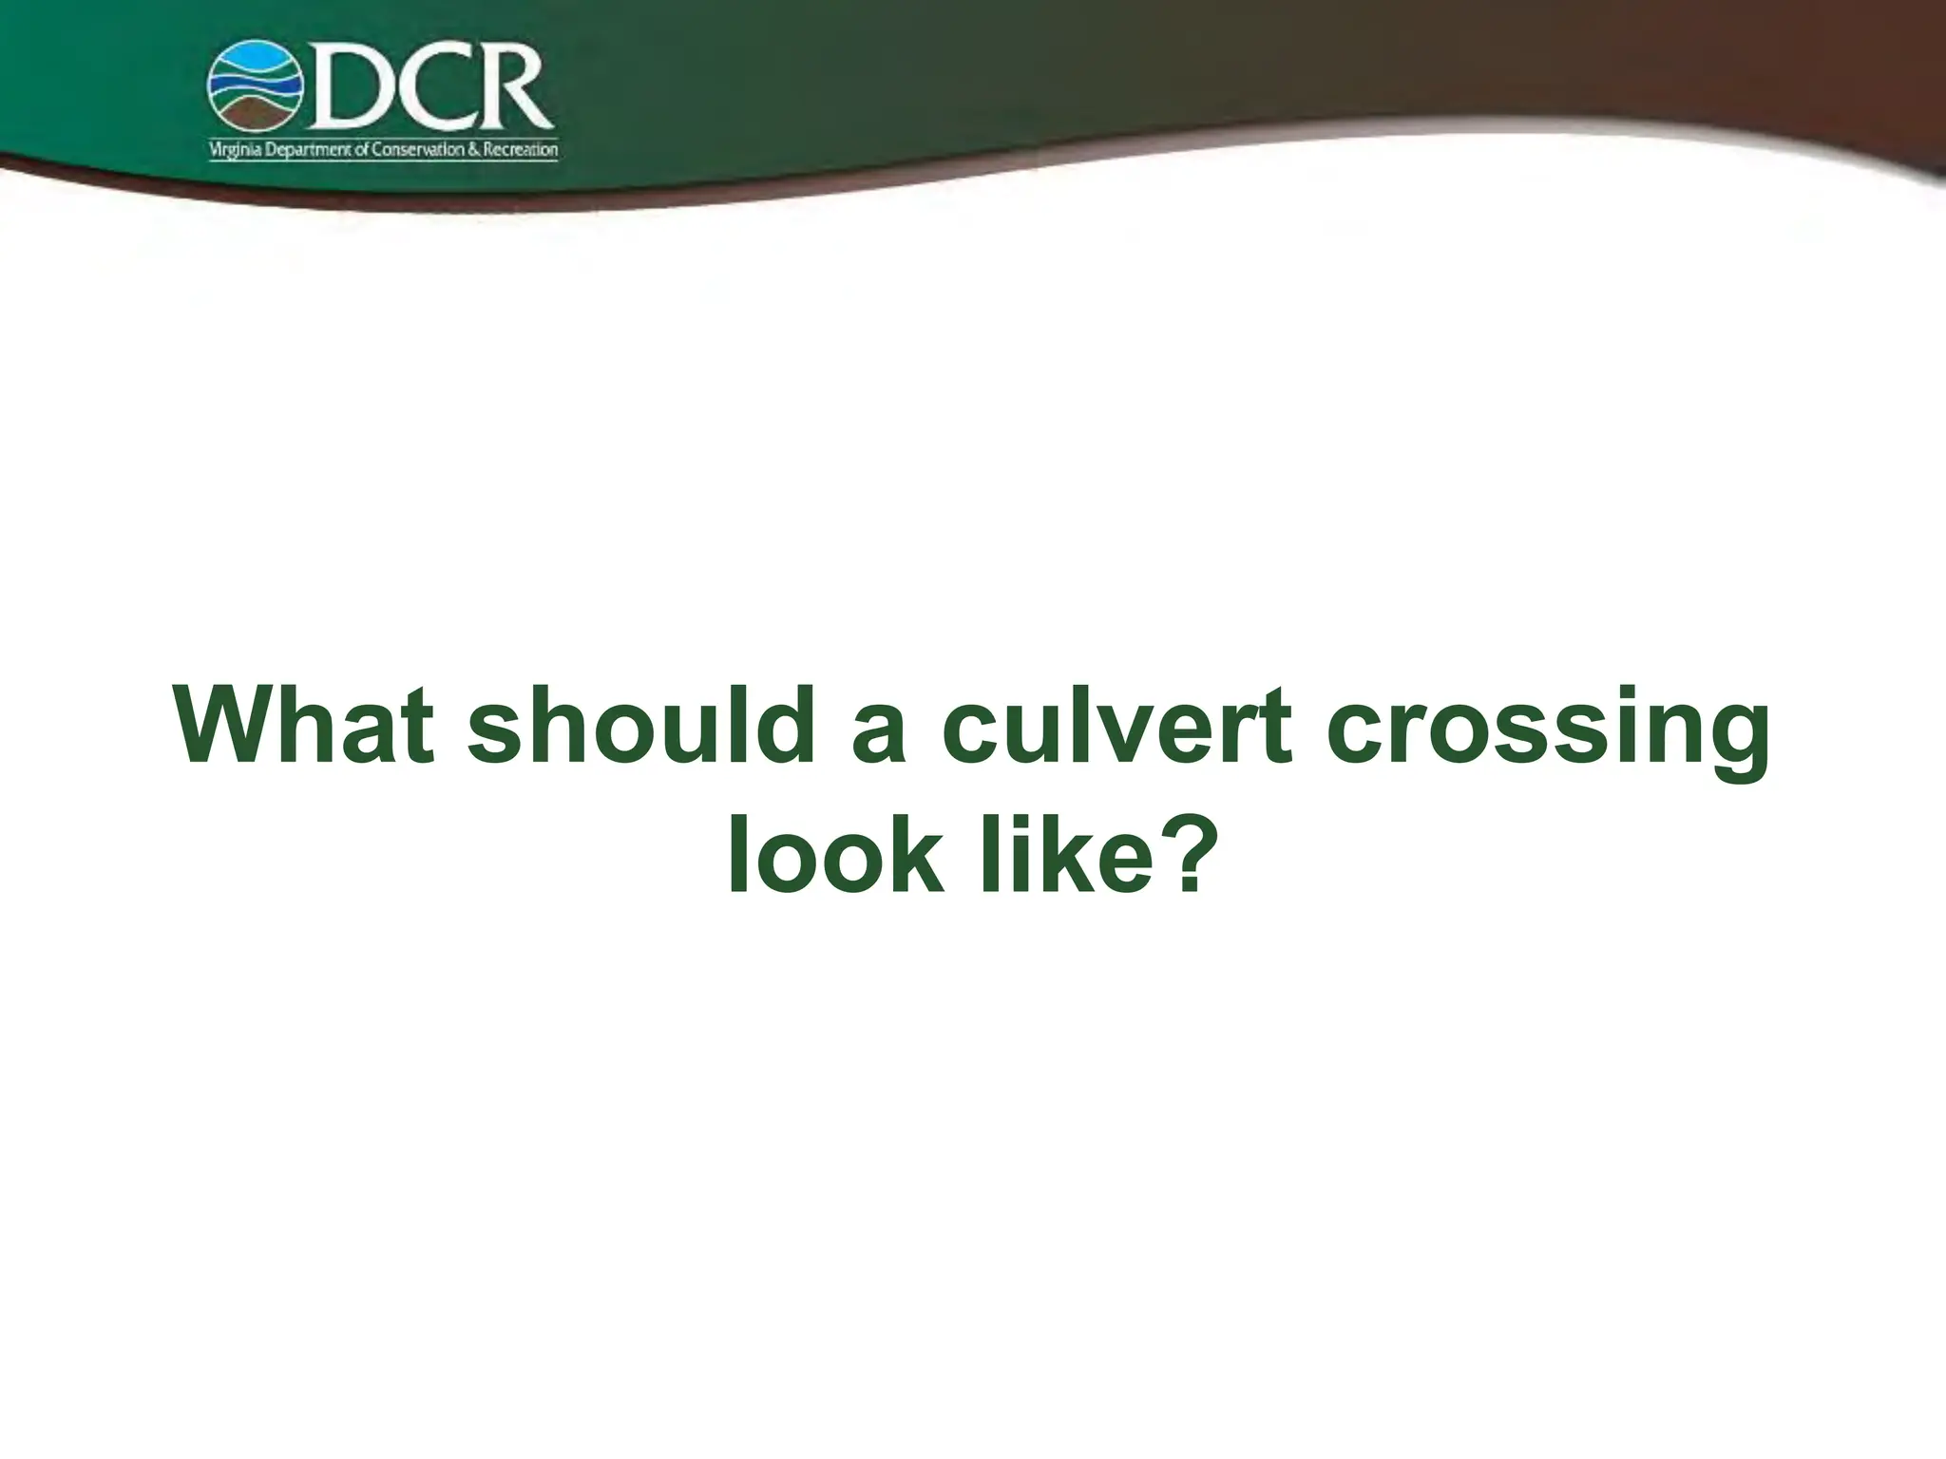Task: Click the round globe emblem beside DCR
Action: pyautogui.click(x=255, y=86)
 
